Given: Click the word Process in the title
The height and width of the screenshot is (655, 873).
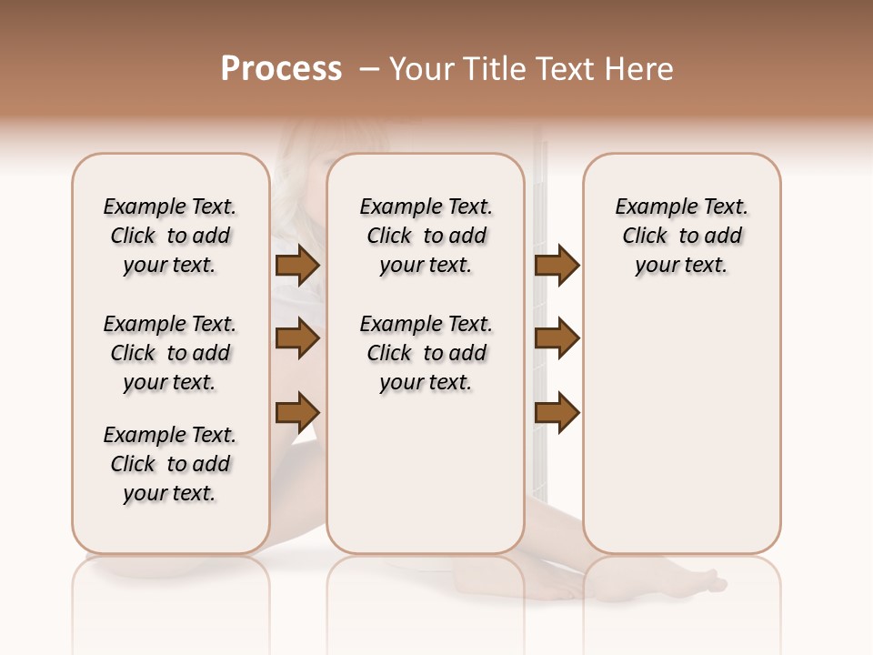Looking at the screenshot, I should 281,69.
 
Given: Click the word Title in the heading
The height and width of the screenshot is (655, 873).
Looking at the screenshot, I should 492,69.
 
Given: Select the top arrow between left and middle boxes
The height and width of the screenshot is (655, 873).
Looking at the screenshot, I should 296,266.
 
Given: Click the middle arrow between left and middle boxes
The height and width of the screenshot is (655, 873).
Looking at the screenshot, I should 296,339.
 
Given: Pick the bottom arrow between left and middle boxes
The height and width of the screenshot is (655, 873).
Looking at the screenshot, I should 296,412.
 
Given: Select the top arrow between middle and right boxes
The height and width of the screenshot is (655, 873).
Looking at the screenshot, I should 557,266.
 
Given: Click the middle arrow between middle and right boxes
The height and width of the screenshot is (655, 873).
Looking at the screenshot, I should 557,339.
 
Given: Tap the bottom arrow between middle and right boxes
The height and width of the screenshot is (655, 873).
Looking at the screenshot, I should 557,412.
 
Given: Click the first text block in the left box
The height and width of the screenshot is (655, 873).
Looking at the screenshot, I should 170,236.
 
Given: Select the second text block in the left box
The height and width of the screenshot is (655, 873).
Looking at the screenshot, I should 170,353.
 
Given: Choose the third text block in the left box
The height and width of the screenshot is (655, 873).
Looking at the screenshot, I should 170,464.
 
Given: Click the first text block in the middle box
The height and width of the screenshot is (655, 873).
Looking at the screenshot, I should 426,236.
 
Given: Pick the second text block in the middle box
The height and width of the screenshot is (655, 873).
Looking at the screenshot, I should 426,353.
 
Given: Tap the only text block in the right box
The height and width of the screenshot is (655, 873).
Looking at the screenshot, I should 681,236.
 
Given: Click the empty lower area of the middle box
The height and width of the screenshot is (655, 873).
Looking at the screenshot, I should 426,473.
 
